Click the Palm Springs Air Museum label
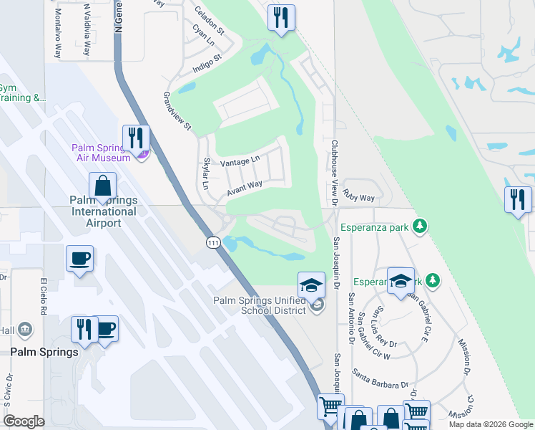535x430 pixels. (101, 153)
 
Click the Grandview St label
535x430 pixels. (177, 111)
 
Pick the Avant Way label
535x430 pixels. (245, 188)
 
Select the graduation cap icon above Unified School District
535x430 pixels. (312, 285)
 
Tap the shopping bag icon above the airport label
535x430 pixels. (103, 186)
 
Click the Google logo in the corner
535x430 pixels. (24, 421)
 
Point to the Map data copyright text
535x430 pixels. (490, 424)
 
